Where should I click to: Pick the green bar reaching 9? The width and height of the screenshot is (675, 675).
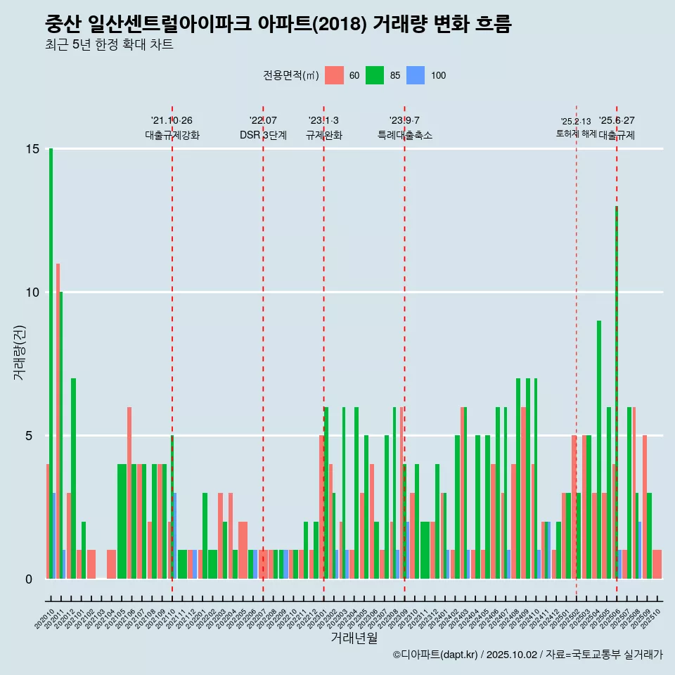coord(599,449)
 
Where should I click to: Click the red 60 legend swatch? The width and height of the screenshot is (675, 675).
coord(335,75)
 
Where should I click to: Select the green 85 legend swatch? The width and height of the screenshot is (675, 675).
coord(375,75)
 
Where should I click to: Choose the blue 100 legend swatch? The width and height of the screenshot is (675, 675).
coord(416,75)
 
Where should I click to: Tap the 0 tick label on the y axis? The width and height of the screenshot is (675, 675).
coord(29,579)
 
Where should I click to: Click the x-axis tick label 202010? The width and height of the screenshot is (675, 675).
coord(44,616)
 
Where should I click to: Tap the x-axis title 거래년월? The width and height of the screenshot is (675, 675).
coord(354,638)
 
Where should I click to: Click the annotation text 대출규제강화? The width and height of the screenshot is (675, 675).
coord(172,135)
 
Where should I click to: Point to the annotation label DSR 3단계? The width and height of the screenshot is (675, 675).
coord(263,135)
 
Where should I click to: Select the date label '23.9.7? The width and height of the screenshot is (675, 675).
coord(404,120)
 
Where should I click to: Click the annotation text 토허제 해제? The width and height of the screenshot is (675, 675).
coord(576,134)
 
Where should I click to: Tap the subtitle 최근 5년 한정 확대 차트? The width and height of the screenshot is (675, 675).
coord(109,45)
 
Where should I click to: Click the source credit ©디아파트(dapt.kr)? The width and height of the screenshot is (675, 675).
coord(436,655)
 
